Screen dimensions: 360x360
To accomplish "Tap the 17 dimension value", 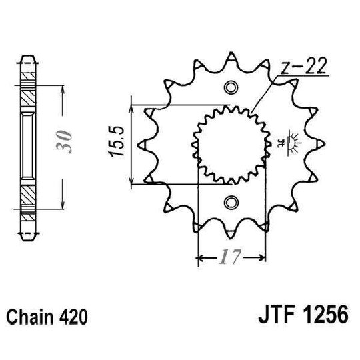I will pos(229,257).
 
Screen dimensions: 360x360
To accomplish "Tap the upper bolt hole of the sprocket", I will pos(231,87).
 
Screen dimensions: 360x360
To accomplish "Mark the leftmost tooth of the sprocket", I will pos(142,144).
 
